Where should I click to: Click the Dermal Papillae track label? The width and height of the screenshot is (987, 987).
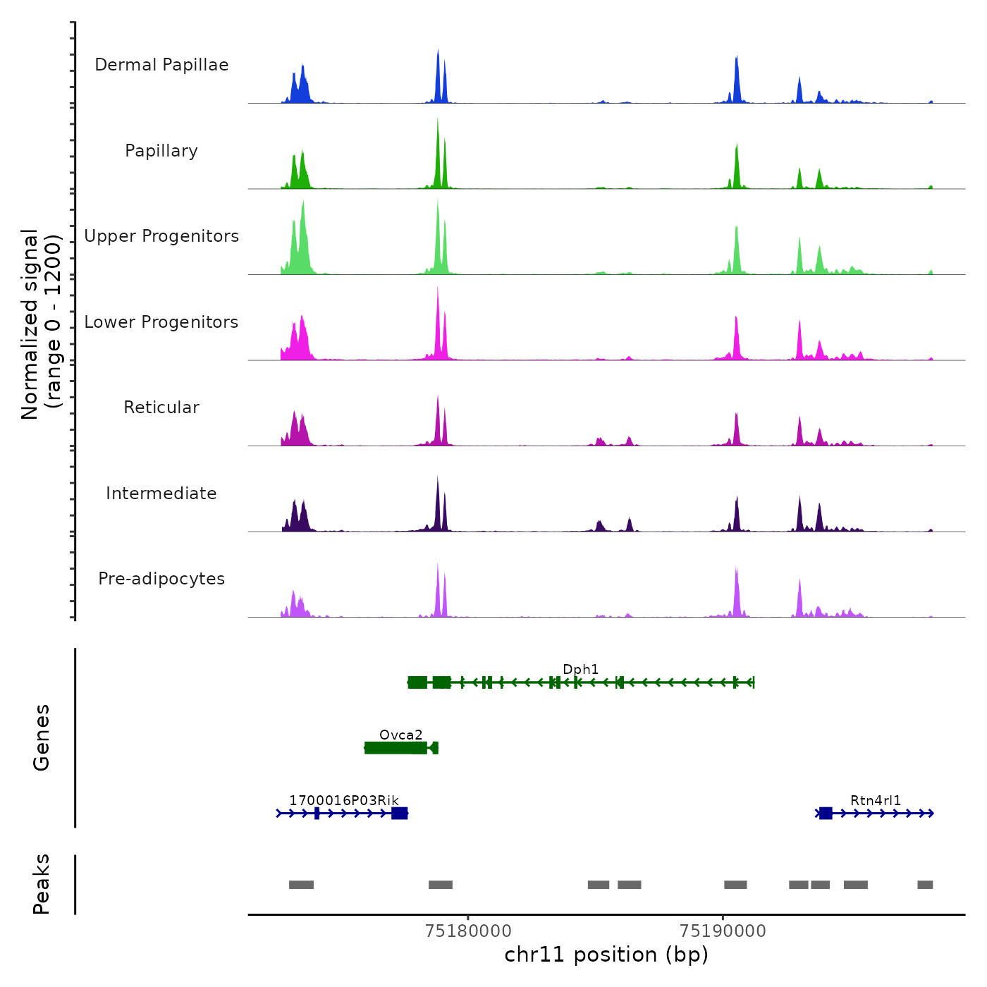tap(161, 65)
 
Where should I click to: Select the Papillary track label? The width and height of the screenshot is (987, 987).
tap(161, 151)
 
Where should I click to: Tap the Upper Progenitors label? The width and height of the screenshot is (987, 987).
tap(161, 236)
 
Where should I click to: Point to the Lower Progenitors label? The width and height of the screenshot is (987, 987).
tap(161, 322)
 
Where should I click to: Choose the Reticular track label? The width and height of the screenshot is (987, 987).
tap(161, 407)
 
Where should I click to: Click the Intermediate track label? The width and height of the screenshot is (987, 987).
tap(161, 493)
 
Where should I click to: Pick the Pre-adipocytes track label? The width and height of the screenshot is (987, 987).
tap(161, 579)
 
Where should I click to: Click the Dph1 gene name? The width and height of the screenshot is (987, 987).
tap(580, 669)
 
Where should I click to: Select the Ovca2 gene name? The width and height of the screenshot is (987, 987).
tap(400, 735)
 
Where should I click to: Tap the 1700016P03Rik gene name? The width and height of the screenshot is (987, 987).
tap(344, 800)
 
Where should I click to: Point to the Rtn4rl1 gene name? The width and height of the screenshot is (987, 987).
tap(876, 800)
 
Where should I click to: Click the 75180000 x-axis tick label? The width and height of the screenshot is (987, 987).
tap(469, 931)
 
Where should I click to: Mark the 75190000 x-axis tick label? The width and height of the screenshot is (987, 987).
tap(723, 931)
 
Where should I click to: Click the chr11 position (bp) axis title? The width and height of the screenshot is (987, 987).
tap(606, 955)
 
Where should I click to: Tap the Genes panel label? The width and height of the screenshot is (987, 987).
tap(41, 737)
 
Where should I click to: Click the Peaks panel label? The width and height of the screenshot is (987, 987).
tap(41, 884)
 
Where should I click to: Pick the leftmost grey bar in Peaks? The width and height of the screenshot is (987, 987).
tap(301, 885)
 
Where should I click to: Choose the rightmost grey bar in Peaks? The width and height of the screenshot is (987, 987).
tap(925, 885)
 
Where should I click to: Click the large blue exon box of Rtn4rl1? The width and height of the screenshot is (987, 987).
tap(826, 814)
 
